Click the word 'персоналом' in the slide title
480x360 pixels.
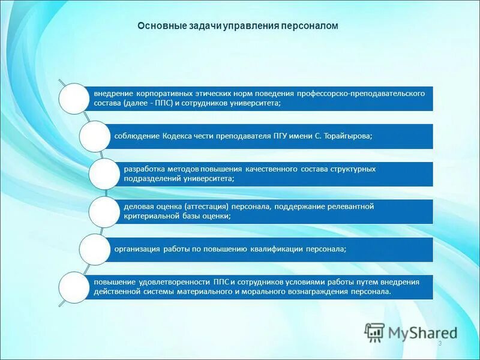pos(312,26)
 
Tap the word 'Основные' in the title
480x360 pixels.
pos(157,26)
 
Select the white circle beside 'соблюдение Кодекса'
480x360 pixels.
pos(95,136)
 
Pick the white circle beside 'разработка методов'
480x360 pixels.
pos(105,174)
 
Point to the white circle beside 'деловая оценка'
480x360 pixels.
pos(105,211)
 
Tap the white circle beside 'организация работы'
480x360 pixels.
pos(95,249)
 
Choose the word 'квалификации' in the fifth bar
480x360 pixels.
pos(282,248)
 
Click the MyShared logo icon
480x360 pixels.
pos(375,332)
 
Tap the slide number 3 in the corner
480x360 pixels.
pos(440,343)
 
